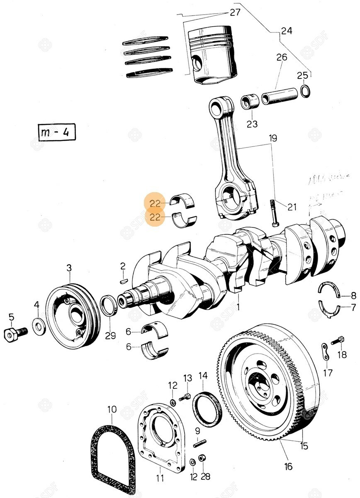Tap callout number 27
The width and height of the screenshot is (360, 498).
coord(235,12)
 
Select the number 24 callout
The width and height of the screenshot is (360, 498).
coord(286,31)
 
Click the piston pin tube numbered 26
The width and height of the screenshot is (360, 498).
coord(280,95)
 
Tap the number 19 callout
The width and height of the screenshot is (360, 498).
coord(272,138)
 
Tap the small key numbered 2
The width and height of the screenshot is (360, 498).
coord(123,280)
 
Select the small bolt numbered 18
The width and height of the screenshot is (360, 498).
coord(338,341)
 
